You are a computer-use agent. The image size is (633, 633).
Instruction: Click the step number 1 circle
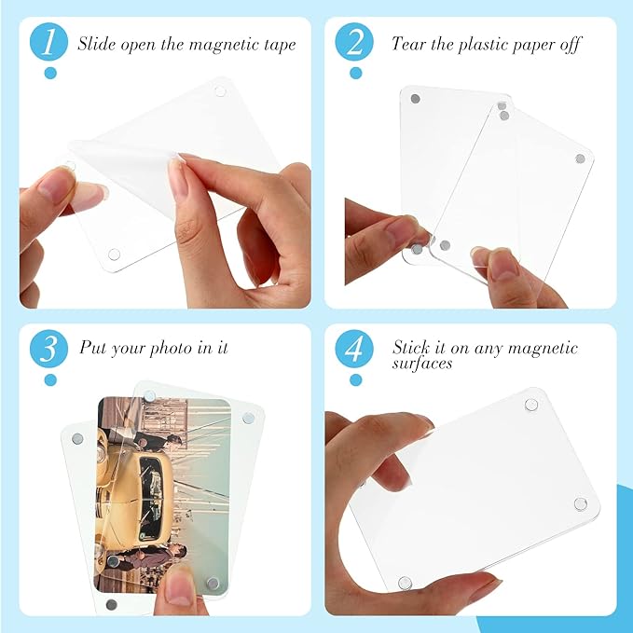click(49, 43)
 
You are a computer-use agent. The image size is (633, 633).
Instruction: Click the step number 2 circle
click(354, 43)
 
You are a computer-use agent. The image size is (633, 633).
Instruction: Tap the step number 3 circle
click(49, 349)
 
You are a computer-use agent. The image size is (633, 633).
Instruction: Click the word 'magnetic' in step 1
click(217, 44)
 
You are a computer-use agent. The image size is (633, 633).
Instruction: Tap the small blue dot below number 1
click(49, 73)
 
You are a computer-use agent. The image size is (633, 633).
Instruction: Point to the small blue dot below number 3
click(49, 379)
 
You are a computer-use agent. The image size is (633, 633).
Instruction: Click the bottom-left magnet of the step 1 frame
click(115, 254)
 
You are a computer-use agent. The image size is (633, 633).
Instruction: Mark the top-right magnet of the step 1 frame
click(220, 90)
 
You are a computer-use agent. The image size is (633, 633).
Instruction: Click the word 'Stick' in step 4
click(411, 349)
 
